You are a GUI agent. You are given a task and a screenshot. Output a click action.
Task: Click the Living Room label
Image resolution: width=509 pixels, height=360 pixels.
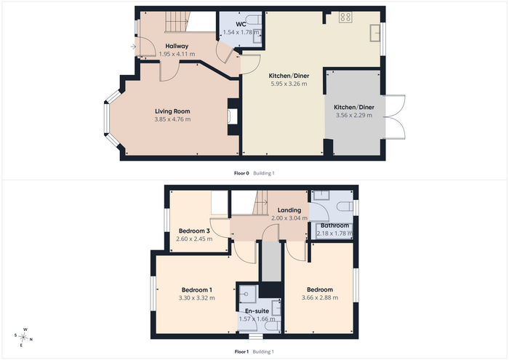click(x=172, y=111)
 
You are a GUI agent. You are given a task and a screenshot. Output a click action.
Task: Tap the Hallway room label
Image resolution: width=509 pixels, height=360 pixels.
click(x=177, y=46)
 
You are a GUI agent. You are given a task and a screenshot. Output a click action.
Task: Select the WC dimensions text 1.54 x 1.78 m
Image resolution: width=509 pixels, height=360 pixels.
click(x=241, y=32)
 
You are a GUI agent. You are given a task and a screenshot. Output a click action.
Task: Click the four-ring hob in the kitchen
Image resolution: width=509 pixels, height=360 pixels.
click(x=345, y=17)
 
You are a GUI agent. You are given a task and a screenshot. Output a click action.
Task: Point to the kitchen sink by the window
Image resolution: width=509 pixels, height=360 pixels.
click(x=375, y=33)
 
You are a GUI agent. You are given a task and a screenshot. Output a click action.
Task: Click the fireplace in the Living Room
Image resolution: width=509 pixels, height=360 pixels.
click(x=233, y=116)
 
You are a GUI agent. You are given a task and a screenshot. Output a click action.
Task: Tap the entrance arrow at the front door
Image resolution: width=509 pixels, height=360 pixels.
click(x=133, y=47)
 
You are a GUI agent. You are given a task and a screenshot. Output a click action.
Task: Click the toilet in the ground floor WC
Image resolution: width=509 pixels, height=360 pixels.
click(x=253, y=20)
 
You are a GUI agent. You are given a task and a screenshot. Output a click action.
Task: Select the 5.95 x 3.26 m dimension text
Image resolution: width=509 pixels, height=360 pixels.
click(x=289, y=84)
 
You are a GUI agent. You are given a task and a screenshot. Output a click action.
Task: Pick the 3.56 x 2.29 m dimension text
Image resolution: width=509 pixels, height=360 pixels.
click(x=354, y=115)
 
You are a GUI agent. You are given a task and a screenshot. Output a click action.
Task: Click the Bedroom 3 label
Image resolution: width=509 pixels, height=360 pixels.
click(x=194, y=231)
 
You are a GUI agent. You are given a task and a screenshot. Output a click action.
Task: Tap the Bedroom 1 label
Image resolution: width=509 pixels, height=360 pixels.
click(x=197, y=290)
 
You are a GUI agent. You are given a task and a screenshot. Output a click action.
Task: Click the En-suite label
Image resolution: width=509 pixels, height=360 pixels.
click(x=257, y=311)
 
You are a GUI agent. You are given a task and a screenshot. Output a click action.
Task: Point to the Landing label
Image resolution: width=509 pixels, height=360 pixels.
click(x=289, y=210)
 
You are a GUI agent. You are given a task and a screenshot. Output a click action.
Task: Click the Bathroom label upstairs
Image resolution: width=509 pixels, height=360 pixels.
click(x=334, y=225)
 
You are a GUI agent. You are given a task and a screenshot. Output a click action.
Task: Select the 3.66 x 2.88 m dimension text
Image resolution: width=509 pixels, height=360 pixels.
click(x=320, y=297)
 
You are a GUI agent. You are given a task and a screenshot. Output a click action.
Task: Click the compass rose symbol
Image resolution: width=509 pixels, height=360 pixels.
click(x=23, y=337)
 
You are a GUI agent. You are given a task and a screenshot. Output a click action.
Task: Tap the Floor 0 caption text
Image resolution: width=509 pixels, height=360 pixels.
click(x=241, y=173)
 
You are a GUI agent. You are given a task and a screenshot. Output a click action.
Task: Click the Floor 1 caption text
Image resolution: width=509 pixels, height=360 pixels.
click(x=241, y=351)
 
